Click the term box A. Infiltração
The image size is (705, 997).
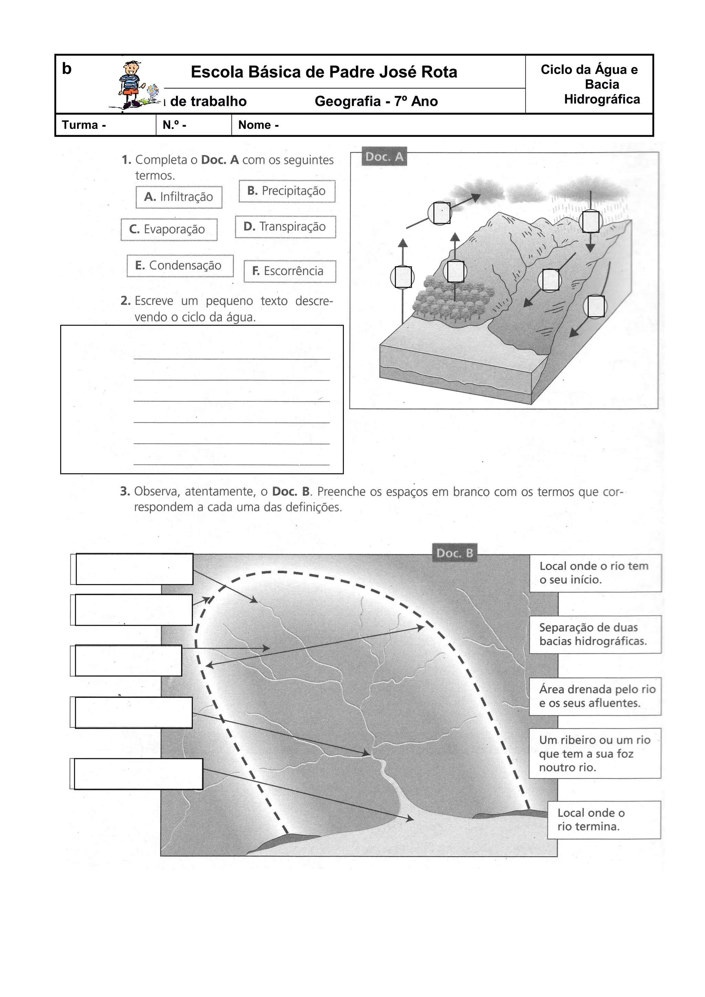pos(179,197)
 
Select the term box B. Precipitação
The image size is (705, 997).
pos(287,191)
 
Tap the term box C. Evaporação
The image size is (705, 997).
pos(169,229)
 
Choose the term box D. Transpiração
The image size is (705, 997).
pos(285,227)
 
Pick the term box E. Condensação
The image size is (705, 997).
pos(179,266)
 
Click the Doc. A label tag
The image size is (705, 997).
pos(384,157)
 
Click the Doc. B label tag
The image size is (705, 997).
pos(454,553)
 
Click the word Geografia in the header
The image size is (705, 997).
pos(347,101)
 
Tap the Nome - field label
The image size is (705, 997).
pos(259,125)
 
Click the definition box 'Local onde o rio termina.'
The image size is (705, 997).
pos(604,820)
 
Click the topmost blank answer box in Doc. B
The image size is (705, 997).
pos(134,569)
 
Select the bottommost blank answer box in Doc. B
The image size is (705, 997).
pos(138,774)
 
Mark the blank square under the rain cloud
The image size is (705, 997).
pos(591,222)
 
